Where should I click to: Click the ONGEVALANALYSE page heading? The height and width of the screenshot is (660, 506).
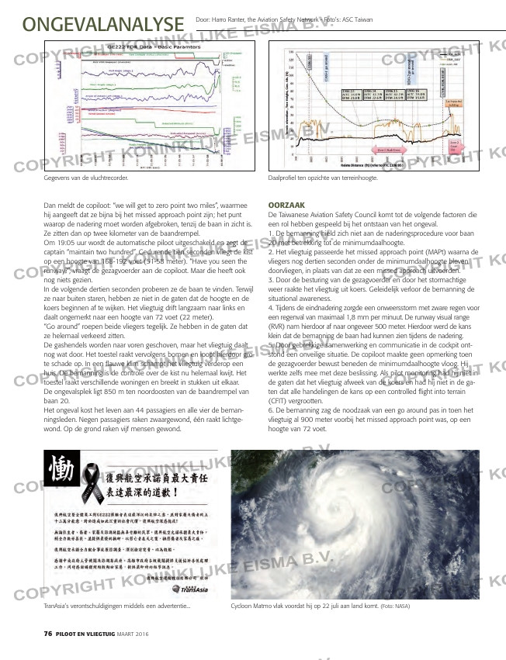click(103, 22)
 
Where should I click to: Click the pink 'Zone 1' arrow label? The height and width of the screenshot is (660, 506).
click(389, 150)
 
